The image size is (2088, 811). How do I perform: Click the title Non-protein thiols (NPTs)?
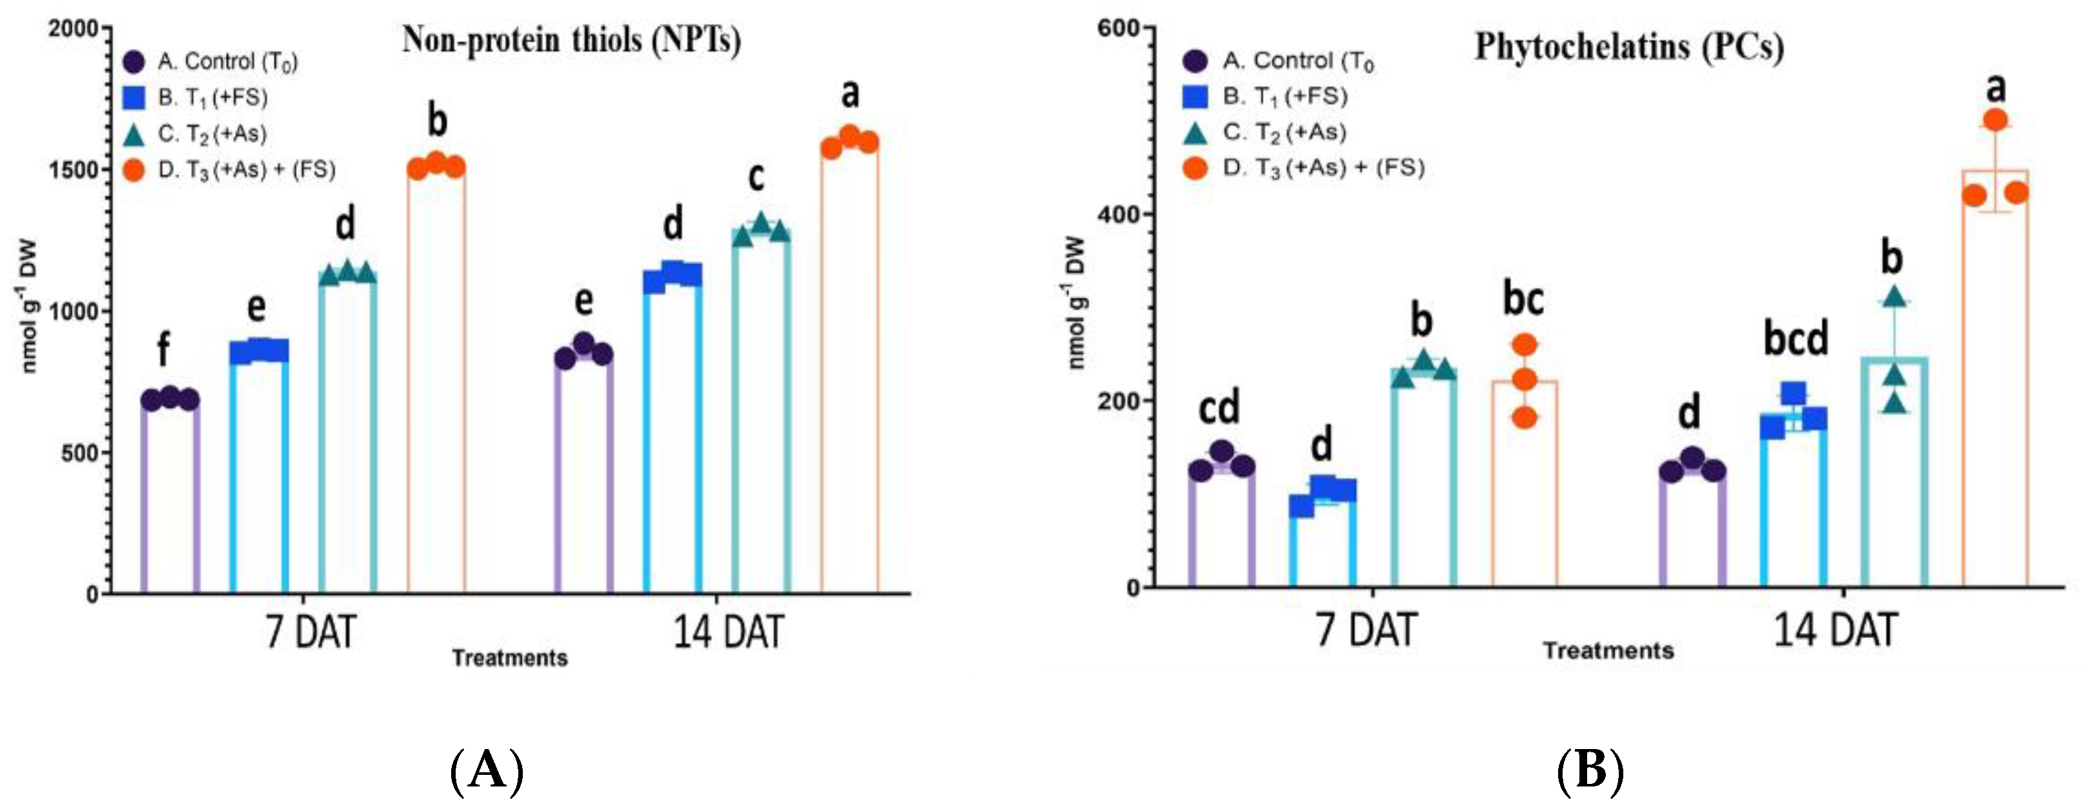coord(571,41)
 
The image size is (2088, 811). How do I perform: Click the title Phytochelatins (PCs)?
coord(1629,46)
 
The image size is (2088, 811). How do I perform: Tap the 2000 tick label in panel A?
coord(74,28)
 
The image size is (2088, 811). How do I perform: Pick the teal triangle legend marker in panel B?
coord(1195,133)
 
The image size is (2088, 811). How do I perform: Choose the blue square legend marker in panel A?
coord(134,98)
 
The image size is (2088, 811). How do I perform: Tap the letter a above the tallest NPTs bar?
coord(849,94)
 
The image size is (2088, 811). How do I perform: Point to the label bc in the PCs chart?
coord(1523,298)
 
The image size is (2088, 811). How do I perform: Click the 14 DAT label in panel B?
coord(1835,630)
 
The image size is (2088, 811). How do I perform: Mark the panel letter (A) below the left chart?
coord(486,770)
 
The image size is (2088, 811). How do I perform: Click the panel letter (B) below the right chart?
coord(1591,770)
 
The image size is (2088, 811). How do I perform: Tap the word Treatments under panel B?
coord(1608,650)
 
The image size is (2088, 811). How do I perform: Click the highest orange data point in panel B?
coord(1996,120)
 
